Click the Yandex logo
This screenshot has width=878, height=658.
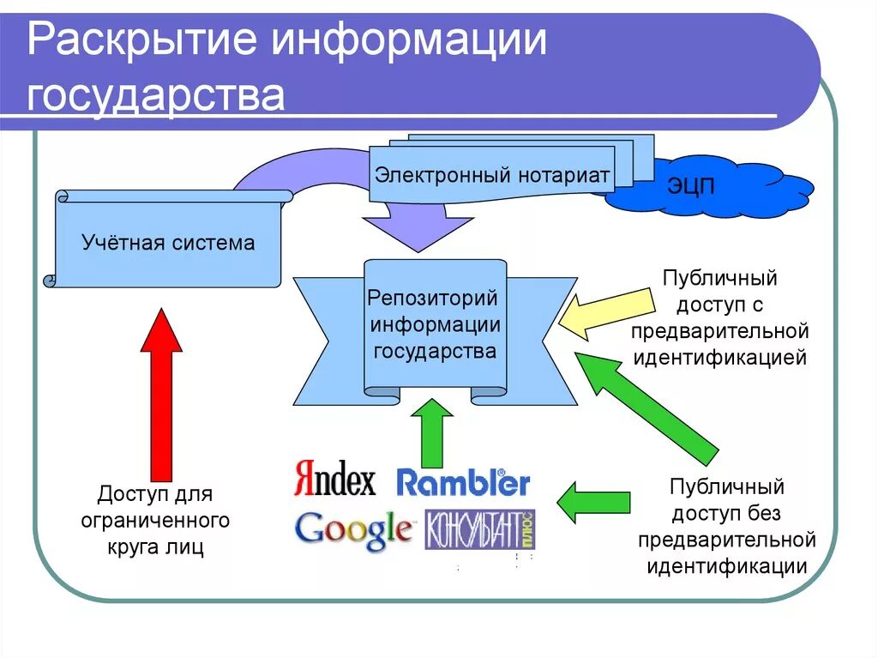pos(334,480)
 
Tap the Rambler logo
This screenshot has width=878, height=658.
pos(463,482)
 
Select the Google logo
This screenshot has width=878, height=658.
pos(352,529)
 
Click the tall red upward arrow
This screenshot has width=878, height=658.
pos(160,395)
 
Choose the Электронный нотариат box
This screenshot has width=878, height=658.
pos(491,176)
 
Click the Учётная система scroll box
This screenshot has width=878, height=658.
pos(168,243)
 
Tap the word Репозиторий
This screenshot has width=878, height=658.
pos(432,299)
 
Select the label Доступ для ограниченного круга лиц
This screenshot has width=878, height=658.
pos(155,521)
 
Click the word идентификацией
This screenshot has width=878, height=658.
pos(719,357)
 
